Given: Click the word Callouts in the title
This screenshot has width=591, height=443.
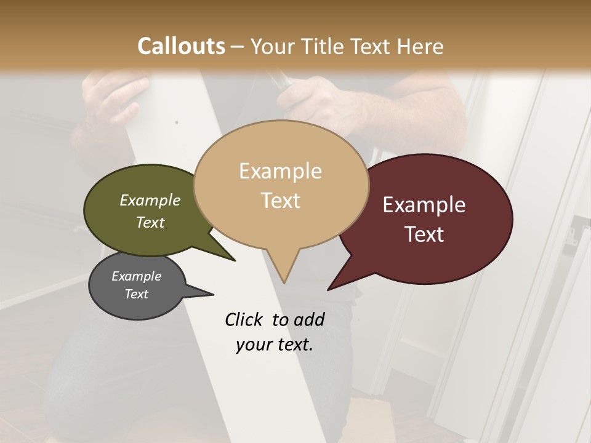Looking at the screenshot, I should [x=181, y=46].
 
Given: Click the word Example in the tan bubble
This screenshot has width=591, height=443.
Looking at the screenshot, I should [x=280, y=171].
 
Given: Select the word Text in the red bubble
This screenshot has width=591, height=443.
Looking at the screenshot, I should [x=424, y=234].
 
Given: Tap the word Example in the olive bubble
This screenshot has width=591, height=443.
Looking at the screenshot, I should [x=150, y=200].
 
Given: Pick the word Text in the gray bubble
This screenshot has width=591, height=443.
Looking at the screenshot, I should [x=136, y=294].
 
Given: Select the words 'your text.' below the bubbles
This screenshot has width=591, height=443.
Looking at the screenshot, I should [x=274, y=345].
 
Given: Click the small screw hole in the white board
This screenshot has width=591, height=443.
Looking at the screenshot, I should [x=177, y=122].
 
